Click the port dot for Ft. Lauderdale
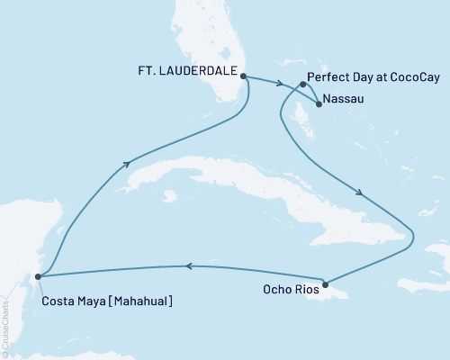(x=244, y=76)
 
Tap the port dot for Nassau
(x=319, y=103)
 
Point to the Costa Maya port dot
(x=37, y=275)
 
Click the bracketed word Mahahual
(x=137, y=300)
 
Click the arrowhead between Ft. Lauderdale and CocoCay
(x=281, y=84)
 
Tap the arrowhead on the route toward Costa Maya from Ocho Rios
(x=189, y=265)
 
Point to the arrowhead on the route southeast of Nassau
(x=359, y=192)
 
